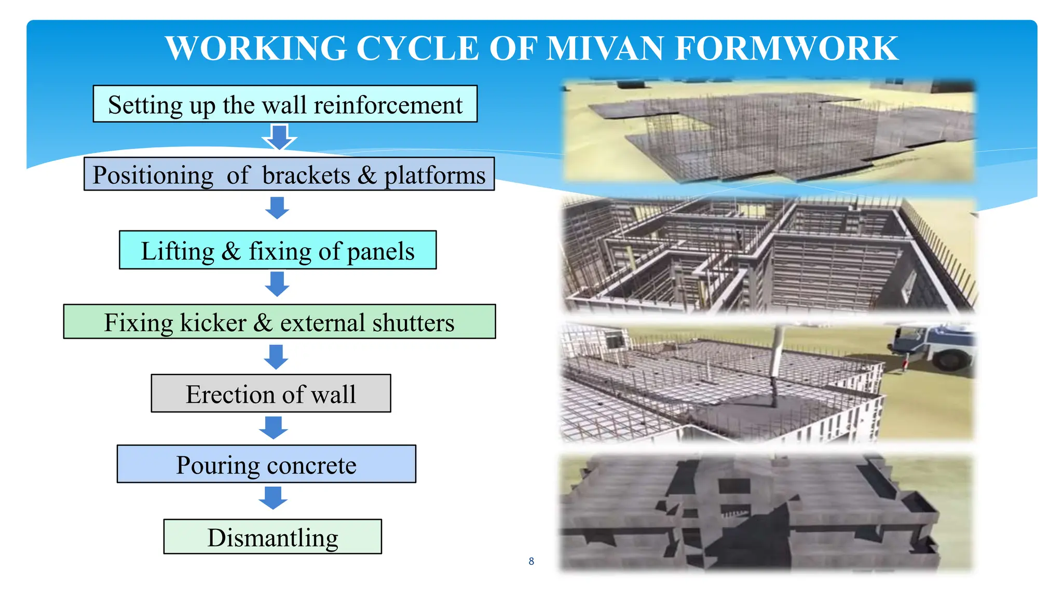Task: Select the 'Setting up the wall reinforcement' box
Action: (x=285, y=104)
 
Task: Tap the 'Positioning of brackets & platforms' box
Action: (x=289, y=174)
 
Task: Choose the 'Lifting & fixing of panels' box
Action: (x=278, y=250)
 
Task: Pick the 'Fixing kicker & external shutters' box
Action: (x=279, y=322)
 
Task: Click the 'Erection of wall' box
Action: (x=271, y=393)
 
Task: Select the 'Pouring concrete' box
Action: (x=266, y=464)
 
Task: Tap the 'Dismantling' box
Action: (x=272, y=537)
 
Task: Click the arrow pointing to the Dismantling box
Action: (x=273, y=497)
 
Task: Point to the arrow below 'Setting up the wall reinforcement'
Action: (x=279, y=137)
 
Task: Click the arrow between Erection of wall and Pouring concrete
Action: (x=274, y=427)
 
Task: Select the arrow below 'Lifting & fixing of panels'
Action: (x=277, y=284)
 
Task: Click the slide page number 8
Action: (x=531, y=561)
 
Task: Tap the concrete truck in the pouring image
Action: (x=934, y=345)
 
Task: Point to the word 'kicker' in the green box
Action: (x=213, y=322)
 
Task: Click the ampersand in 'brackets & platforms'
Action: (x=367, y=175)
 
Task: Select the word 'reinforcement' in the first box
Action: (x=388, y=105)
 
